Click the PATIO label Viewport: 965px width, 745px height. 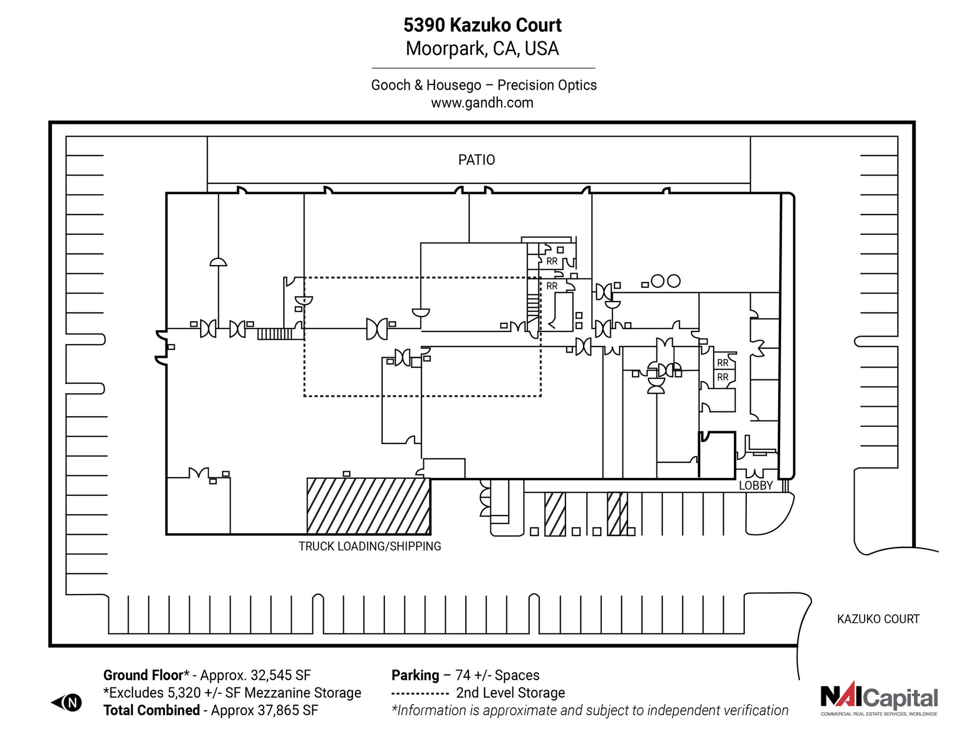476,160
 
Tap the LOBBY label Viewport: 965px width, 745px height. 755,486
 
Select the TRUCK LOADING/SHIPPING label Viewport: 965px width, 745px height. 370,546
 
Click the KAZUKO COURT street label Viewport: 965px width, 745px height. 878,619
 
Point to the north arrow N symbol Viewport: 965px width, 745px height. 73,702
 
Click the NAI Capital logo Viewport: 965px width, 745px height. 879,698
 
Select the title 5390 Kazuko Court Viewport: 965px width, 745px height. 482,25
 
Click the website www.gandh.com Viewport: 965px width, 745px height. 482,103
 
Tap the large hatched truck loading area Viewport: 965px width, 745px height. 368,506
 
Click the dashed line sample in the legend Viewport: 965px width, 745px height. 420,693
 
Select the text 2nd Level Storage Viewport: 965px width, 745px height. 510,693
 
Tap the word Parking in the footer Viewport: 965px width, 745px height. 415,675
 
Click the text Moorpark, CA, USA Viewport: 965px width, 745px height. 482,49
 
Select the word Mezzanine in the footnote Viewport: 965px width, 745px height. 278,693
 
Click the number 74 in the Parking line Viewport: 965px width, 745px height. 463,675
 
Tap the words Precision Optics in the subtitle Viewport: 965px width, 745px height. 547,85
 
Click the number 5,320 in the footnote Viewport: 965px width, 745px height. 185,693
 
